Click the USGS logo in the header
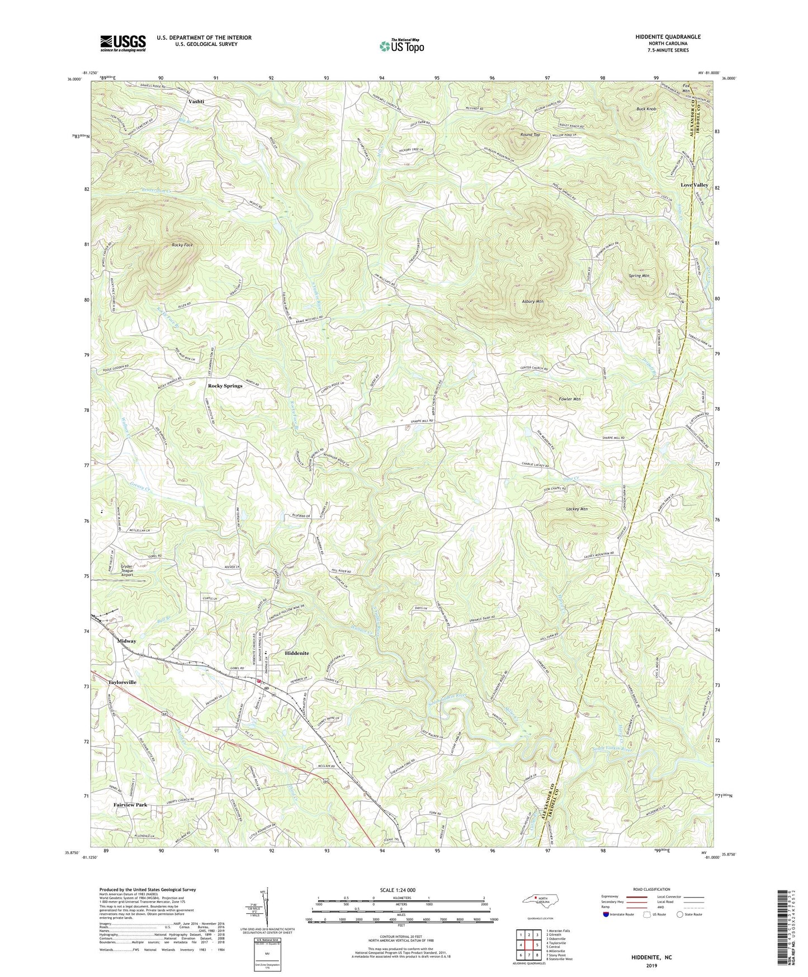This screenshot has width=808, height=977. tap(123, 43)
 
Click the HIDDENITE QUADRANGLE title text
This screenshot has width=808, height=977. tap(668, 37)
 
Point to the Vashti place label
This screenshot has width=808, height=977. tap(196, 101)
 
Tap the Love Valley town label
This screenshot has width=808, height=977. tap(694, 185)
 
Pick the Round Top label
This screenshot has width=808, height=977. tap(530, 135)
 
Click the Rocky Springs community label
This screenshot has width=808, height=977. tap(225, 386)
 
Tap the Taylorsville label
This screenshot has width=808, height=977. tap(122, 683)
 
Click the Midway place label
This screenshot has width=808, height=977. tap(126, 641)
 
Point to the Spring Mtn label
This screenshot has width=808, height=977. tap(639, 276)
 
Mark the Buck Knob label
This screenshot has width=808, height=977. tap(646, 109)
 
